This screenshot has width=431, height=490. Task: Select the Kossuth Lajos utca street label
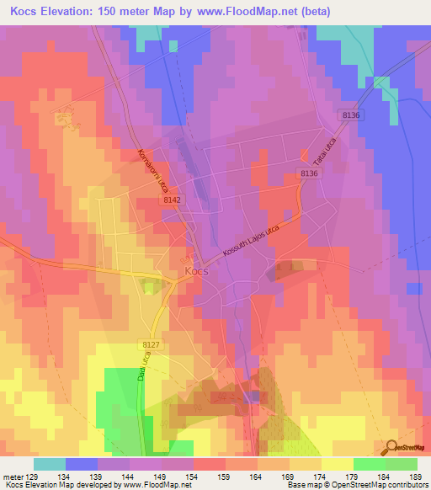coord(261,240)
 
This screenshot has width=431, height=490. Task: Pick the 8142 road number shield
coord(171,200)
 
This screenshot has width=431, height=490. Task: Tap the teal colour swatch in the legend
coord(50,464)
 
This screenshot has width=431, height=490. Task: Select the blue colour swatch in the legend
coord(82,464)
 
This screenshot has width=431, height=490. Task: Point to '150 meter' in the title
coord(130,12)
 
